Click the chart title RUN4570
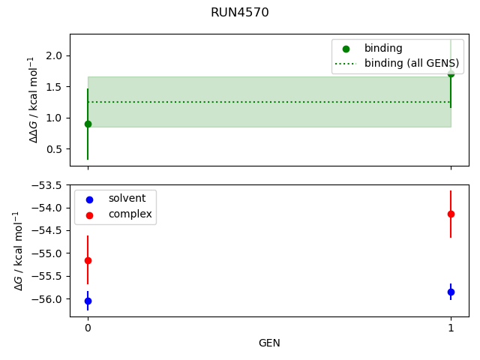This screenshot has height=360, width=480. pos(239,13)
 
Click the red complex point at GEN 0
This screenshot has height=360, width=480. pos(88,260)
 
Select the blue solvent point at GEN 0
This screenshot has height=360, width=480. pos(88,301)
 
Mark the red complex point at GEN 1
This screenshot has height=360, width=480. pos(451,214)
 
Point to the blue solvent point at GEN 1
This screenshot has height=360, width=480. pos(451,292)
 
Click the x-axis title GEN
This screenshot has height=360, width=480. pos(269,343)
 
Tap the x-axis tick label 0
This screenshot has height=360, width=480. pos(88,328)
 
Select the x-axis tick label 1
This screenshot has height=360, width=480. pos(451,328)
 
